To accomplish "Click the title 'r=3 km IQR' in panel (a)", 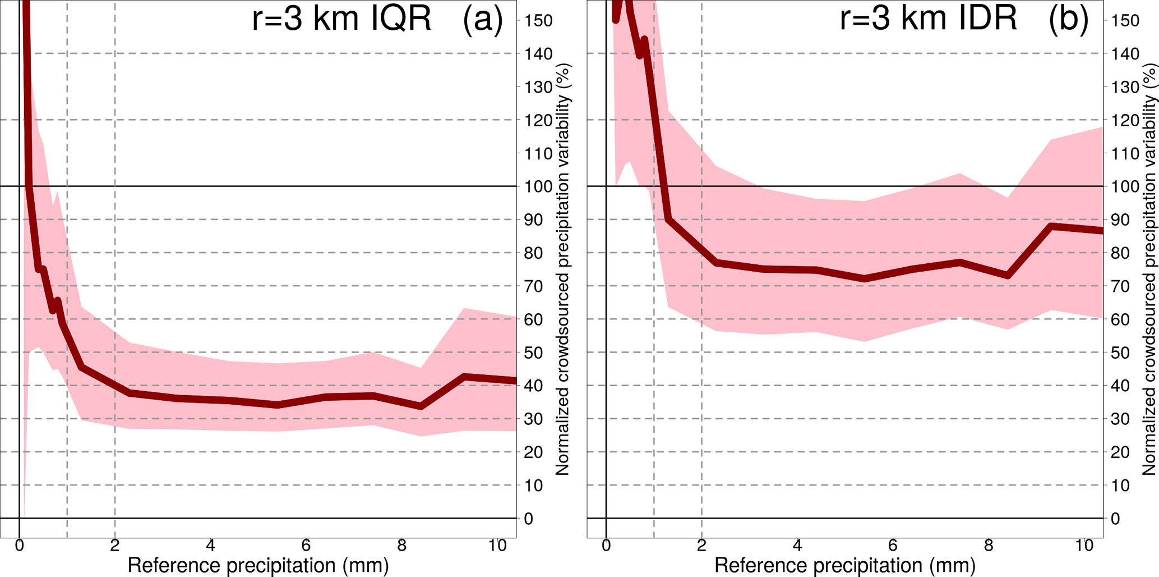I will coord(341,19).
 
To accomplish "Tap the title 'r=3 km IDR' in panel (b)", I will coord(928,19).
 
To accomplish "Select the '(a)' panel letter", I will coord(483,19).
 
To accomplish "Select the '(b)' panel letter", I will coord(1069,19).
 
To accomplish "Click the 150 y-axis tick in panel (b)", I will coord(1125,21).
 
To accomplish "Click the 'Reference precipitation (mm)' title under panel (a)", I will coord(258,565).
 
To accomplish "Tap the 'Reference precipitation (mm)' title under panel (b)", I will coord(844,565).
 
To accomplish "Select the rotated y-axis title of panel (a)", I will coord(563,269).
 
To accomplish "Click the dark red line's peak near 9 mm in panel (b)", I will coord(1051,226).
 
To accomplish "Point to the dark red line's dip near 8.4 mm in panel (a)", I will coord(421,406).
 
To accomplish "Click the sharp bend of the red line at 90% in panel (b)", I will coord(668,219).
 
